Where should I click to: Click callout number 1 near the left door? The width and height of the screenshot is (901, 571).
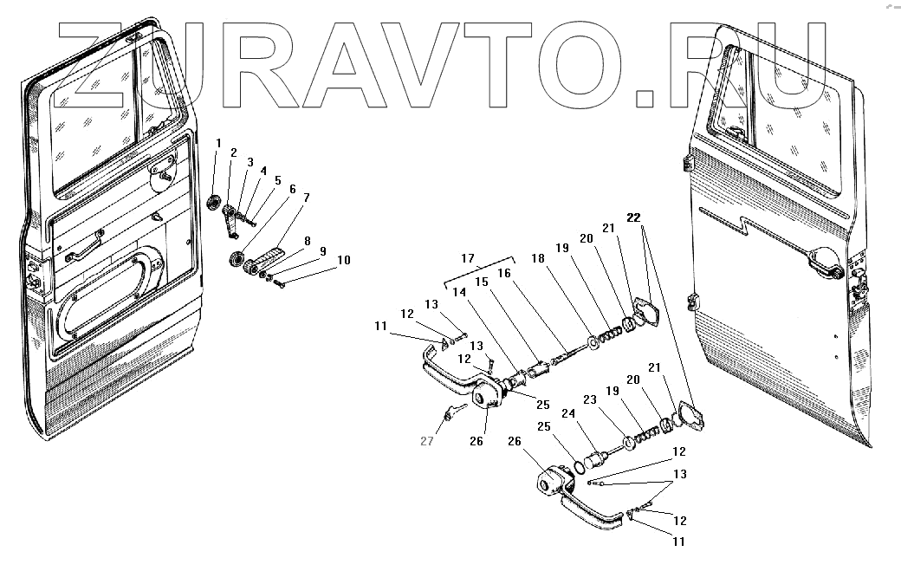pyautogui.click(x=219, y=143)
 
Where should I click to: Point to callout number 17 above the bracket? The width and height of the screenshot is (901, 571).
pyautogui.click(x=469, y=257)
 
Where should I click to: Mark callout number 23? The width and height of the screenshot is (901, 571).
pyautogui.click(x=590, y=399)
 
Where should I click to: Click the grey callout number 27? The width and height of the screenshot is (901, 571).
pyautogui.click(x=426, y=441)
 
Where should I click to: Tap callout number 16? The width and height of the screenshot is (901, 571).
pyautogui.click(x=505, y=273)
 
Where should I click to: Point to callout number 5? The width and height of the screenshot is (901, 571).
pyautogui.click(x=278, y=180)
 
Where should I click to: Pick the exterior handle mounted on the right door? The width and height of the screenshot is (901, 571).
pyautogui.click(x=823, y=262)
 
